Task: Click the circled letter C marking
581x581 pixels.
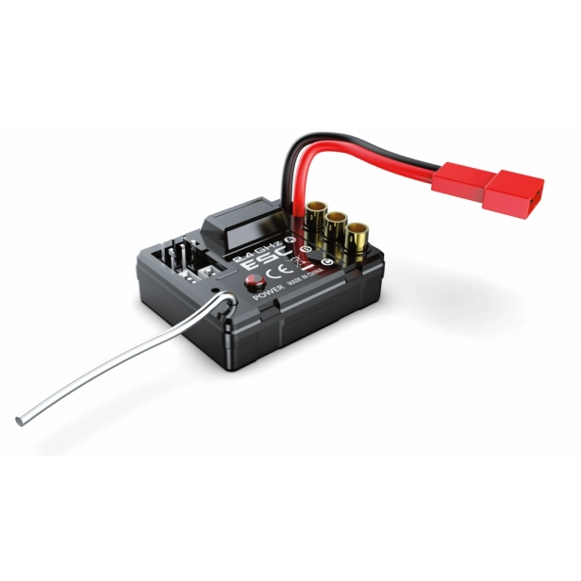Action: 326,260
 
